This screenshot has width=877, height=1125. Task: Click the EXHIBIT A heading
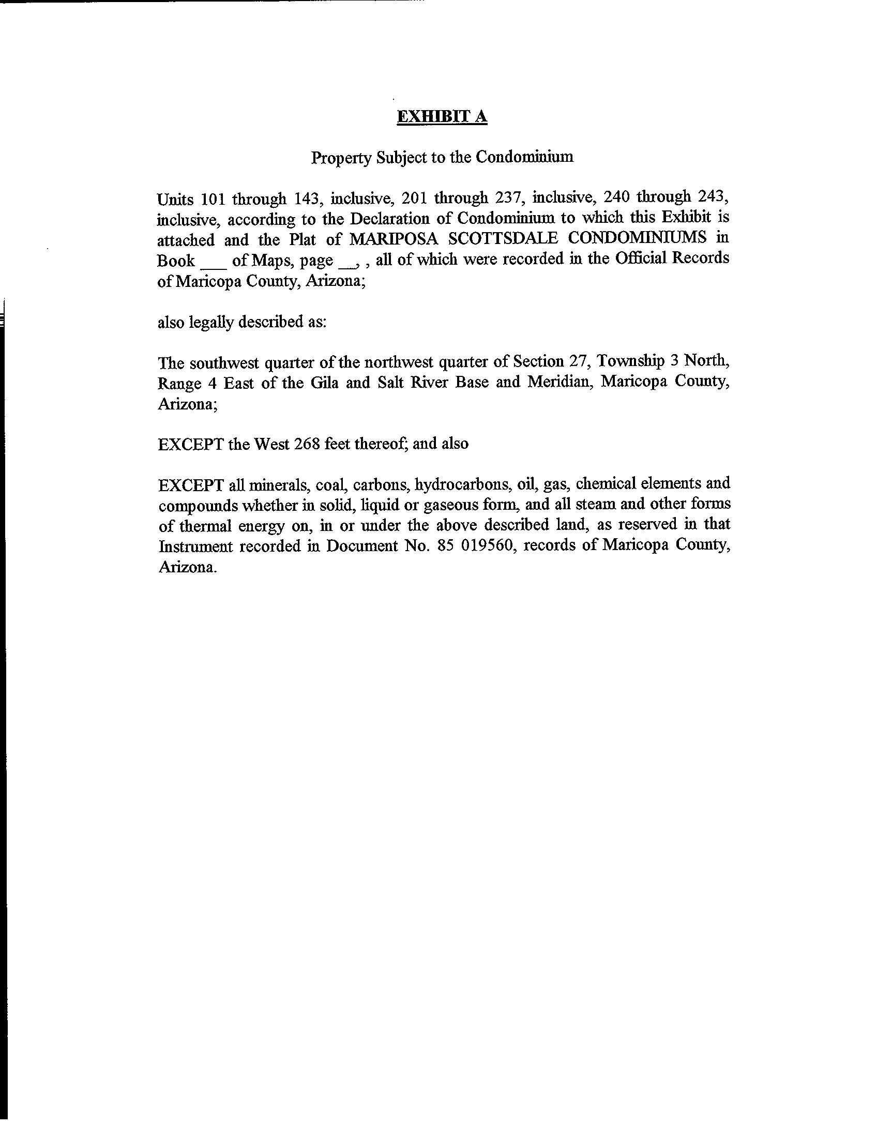(x=442, y=117)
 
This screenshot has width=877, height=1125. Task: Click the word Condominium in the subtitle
(x=524, y=157)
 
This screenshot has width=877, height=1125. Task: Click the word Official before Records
(x=641, y=258)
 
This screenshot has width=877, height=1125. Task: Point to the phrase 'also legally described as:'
(x=242, y=322)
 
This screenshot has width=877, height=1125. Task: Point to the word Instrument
(x=194, y=546)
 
